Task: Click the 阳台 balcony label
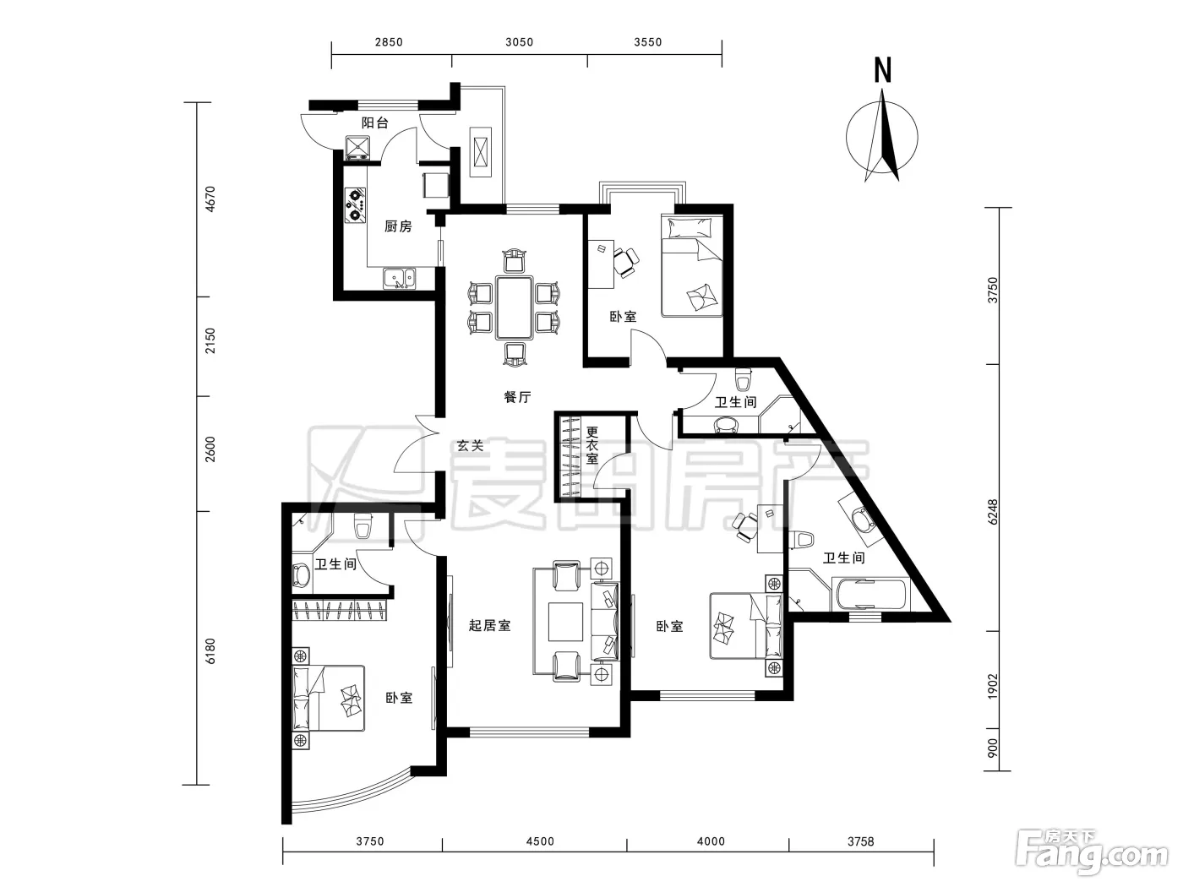click(374, 122)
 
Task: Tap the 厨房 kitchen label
click(398, 226)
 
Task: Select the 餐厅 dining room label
click(517, 397)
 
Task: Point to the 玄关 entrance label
click(470, 446)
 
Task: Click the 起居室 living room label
click(489, 625)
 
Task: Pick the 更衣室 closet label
click(592, 445)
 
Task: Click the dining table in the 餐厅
click(515, 307)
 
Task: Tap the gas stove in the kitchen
click(355, 204)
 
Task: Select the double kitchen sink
click(400, 279)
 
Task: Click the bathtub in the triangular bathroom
click(870, 594)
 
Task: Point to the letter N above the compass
click(882, 71)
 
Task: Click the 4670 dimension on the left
click(210, 199)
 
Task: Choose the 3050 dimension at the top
click(519, 42)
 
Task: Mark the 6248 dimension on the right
click(993, 512)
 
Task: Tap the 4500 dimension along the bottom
click(540, 841)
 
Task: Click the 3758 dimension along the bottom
click(860, 841)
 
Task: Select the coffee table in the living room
click(565, 622)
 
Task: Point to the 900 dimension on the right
click(993, 748)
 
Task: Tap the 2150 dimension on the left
click(210, 340)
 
